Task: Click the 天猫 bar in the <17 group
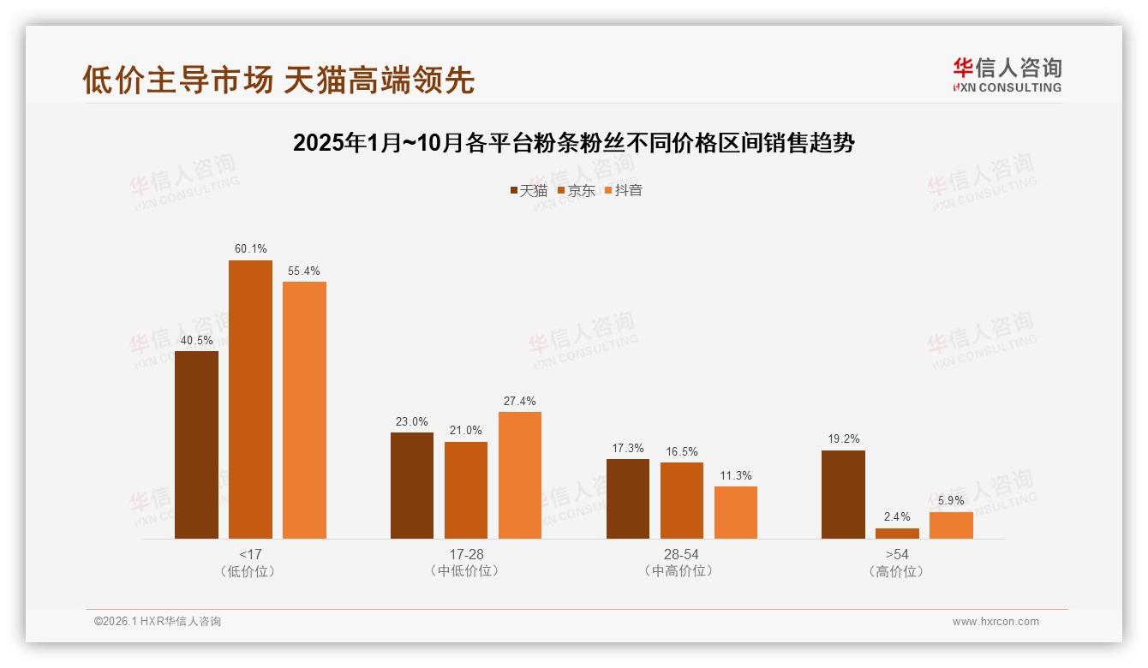pyautogui.click(x=196, y=444)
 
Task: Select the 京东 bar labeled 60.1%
pyautogui.click(x=250, y=399)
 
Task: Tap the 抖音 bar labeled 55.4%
pyautogui.click(x=304, y=409)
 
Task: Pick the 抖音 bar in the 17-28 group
pyautogui.click(x=520, y=475)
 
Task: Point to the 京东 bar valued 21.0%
pyautogui.click(x=466, y=490)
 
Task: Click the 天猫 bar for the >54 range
pyautogui.click(x=843, y=494)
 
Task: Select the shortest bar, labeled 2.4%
pyautogui.click(x=897, y=534)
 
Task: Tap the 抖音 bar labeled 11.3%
pyautogui.click(x=736, y=512)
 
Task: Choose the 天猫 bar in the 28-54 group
pyautogui.click(x=628, y=498)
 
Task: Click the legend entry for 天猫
pyautogui.click(x=529, y=190)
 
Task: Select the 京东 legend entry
pyautogui.click(x=577, y=190)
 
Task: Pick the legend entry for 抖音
pyautogui.click(x=624, y=190)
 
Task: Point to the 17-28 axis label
pyautogui.click(x=466, y=555)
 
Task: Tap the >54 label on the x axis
pyautogui.click(x=897, y=555)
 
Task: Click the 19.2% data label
pyautogui.click(x=843, y=438)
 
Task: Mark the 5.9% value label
pyautogui.click(x=951, y=500)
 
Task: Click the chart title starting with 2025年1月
pyautogui.click(x=574, y=142)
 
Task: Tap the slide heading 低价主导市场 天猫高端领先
pyautogui.click(x=278, y=80)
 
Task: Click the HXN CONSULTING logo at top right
pyautogui.click(x=1007, y=75)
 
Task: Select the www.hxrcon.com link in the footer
pyautogui.click(x=996, y=622)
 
